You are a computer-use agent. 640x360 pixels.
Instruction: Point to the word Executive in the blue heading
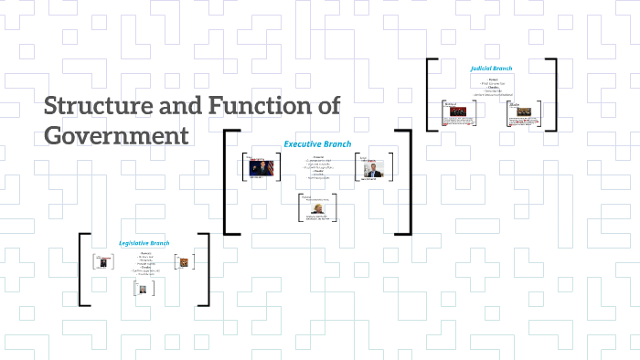[304, 143]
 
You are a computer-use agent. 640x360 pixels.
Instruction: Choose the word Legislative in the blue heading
[133, 243]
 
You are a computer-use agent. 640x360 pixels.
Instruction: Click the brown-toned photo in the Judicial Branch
[525, 116]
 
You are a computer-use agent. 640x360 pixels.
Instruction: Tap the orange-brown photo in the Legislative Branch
[184, 262]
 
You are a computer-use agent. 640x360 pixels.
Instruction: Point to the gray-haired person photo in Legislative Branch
[142, 290]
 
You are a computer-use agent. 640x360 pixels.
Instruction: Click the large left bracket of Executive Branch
[227, 183]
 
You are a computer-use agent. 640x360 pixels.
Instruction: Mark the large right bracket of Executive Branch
[408, 183]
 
